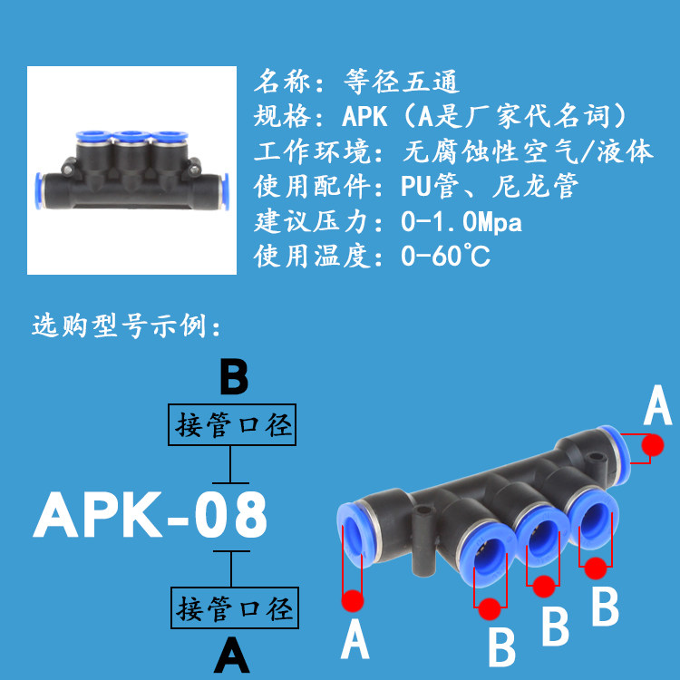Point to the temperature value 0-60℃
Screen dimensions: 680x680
(x=445, y=257)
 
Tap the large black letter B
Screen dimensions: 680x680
(x=233, y=376)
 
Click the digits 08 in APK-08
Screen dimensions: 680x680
(x=231, y=515)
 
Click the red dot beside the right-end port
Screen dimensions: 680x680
(x=651, y=445)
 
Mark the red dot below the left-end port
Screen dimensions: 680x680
(x=353, y=599)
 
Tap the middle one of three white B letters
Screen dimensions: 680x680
(x=555, y=627)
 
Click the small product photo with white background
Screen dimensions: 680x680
(x=132, y=170)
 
